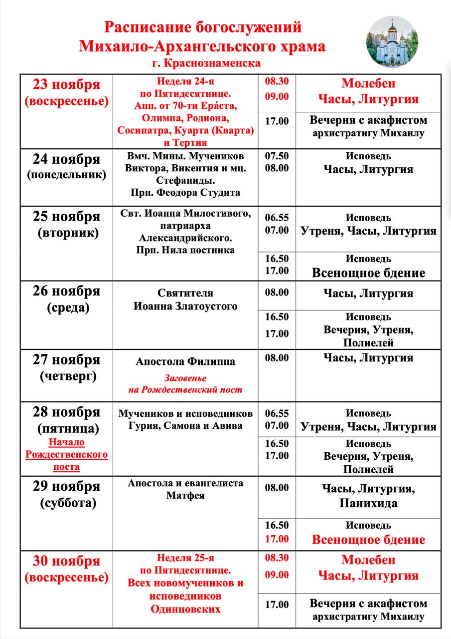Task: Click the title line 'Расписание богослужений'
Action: [x=202, y=28]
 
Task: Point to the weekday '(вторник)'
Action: [x=66, y=233]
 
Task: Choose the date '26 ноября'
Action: [x=66, y=291]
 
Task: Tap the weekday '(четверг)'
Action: [x=66, y=376]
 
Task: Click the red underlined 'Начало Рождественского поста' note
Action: [x=66, y=454]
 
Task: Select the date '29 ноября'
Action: [x=66, y=486]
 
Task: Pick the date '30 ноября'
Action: [x=66, y=561]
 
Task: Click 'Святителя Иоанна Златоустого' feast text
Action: [x=185, y=300]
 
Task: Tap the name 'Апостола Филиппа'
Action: [x=185, y=361]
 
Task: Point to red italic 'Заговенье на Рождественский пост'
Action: [x=185, y=384]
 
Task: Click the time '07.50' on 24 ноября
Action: [x=277, y=156]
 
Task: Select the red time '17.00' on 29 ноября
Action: [x=277, y=539]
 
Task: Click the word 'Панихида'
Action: [x=368, y=503]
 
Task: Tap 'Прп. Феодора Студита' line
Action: [x=185, y=192]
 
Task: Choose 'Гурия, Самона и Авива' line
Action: [x=185, y=426]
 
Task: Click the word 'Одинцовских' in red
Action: [x=185, y=610]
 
